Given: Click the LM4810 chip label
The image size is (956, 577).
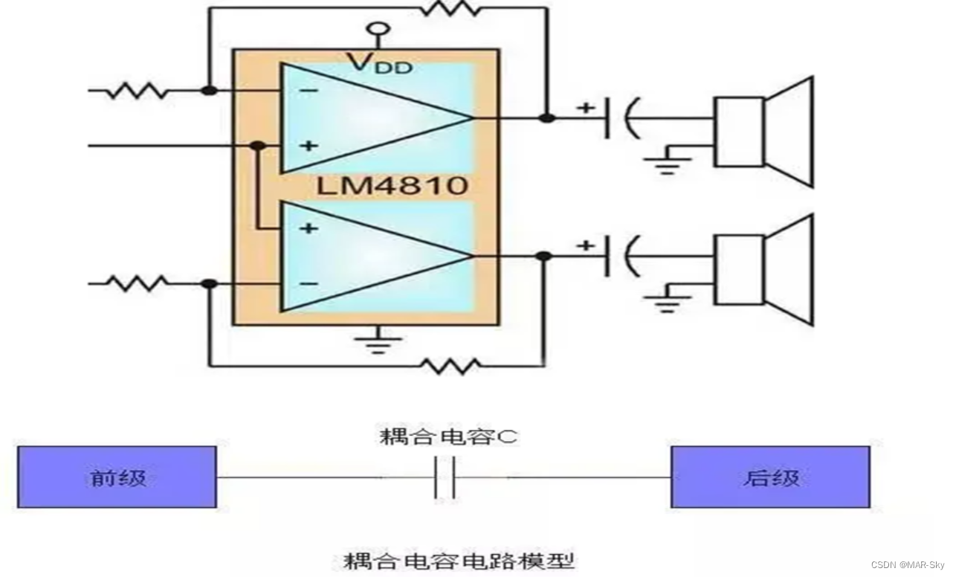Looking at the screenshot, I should (392, 184).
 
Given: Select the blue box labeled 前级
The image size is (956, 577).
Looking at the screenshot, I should (117, 477).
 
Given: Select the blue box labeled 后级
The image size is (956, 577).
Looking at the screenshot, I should (770, 477).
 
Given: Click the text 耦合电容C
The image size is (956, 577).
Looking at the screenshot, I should (448, 436).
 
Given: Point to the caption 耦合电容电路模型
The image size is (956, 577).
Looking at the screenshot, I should (459, 559).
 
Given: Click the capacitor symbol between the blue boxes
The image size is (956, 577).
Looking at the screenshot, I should (444, 477).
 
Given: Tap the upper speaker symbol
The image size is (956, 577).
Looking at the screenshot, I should (763, 132).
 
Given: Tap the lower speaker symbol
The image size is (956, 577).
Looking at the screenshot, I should (763, 269).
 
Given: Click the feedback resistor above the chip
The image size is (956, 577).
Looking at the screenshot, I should (450, 8).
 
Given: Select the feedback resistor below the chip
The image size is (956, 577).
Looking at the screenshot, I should (450, 366).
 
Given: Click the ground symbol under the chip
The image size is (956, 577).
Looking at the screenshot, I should (378, 341).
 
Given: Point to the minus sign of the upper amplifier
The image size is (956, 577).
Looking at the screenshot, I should (309, 91).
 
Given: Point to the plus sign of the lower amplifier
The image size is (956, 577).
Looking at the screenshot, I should (308, 228).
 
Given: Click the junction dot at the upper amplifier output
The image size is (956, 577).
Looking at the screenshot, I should (546, 117).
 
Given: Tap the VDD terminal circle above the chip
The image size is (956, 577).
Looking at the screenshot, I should (378, 30).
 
